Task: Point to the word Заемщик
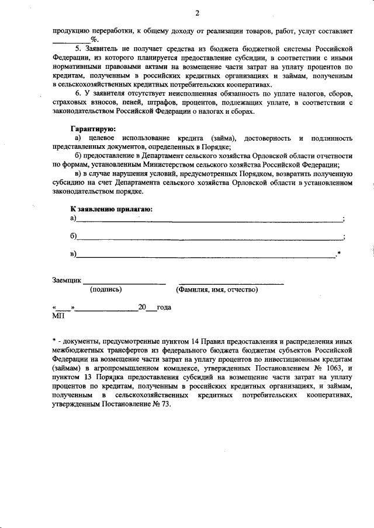coord(67,281)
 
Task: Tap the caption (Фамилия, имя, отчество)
coord(217,289)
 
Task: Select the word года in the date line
coord(163,307)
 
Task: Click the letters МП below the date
coord(58,316)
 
